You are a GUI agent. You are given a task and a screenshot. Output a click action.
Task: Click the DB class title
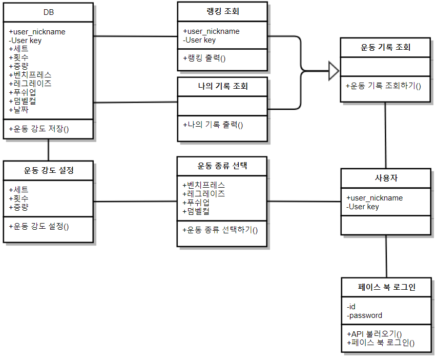point(48,12)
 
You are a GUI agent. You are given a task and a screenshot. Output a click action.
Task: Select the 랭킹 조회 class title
point(222,11)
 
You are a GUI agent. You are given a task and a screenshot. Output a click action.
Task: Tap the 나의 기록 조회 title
point(222,86)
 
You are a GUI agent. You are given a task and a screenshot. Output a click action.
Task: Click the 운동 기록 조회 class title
point(385,48)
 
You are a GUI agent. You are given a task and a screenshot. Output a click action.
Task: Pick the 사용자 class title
point(386,178)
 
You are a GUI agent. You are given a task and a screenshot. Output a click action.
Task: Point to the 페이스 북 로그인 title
point(386,287)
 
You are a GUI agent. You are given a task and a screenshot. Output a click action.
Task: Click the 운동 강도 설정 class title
point(48,170)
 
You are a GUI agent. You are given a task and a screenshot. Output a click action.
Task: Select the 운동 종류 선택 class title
point(222,166)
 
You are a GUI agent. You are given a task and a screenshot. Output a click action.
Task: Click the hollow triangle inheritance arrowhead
point(334,70)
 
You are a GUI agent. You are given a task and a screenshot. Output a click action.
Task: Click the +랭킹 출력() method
point(204,58)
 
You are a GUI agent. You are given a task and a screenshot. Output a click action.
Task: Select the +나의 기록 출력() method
point(213,124)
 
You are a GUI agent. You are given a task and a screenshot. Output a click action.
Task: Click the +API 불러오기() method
point(374,334)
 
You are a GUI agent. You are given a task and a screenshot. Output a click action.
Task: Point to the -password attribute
point(364,315)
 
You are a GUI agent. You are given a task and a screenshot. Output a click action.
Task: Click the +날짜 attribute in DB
point(18,109)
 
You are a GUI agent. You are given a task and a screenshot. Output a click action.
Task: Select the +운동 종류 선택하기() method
point(220,229)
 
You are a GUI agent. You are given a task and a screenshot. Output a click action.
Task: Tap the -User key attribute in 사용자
point(363,207)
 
